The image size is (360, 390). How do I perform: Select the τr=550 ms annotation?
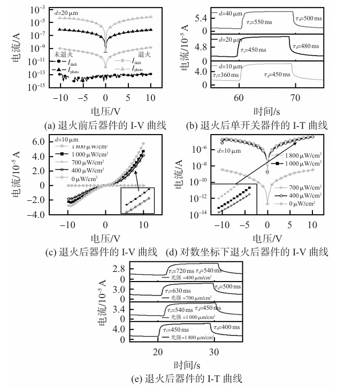(261, 24)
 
